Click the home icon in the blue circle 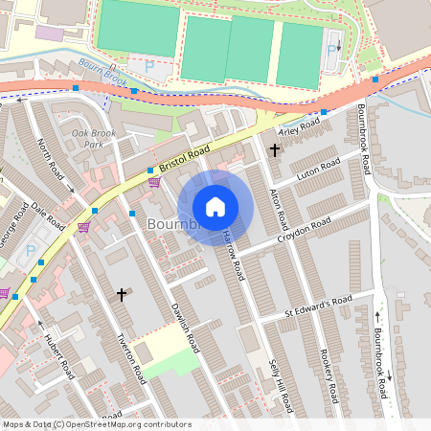(215, 207)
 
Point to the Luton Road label (319, 171)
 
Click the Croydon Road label (304, 229)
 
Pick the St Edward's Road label (318, 306)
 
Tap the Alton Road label (278, 205)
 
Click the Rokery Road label (327, 375)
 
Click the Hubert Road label (58, 356)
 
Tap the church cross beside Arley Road (275, 149)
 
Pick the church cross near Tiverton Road (122, 295)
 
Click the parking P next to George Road (30, 251)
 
